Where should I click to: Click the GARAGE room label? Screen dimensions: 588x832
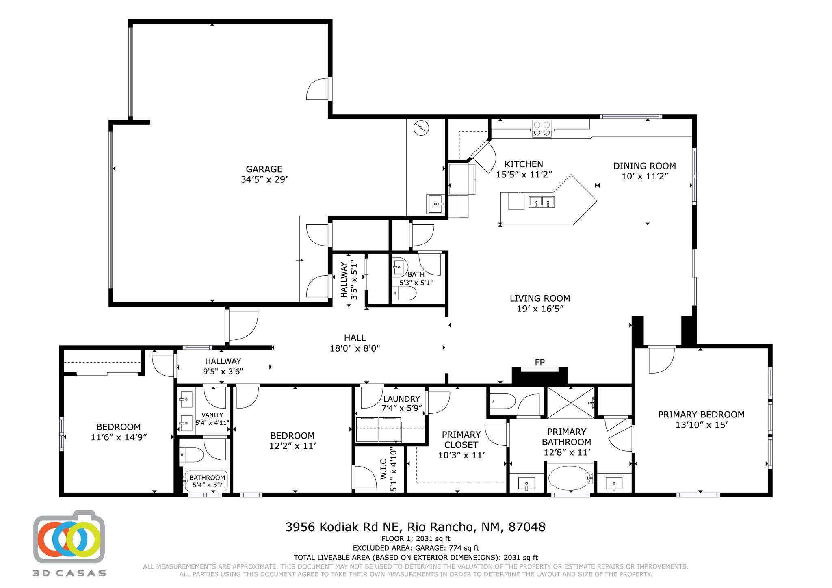(x=264, y=169)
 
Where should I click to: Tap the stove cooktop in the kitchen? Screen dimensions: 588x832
(x=542, y=129)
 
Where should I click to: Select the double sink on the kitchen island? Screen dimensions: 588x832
(x=542, y=201)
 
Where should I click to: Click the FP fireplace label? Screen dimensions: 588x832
(x=539, y=362)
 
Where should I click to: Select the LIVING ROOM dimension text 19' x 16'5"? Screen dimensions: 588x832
(x=540, y=309)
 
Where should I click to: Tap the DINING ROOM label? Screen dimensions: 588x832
(x=644, y=166)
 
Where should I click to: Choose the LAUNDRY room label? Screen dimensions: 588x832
(x=401, y=399)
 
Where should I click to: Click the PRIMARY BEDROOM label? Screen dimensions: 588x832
(x=701, y=414)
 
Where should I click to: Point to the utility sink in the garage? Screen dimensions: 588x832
(x=435, y=203)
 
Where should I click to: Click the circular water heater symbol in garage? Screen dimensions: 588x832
(x=421, y=129)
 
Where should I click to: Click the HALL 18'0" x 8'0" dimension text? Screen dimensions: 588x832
(x=355, y=348)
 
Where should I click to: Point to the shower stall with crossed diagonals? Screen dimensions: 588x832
(x=571, y=402)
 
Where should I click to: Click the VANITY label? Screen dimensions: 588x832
(x=212, y=415)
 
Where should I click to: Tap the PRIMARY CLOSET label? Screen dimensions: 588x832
(x=461, y=439)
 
